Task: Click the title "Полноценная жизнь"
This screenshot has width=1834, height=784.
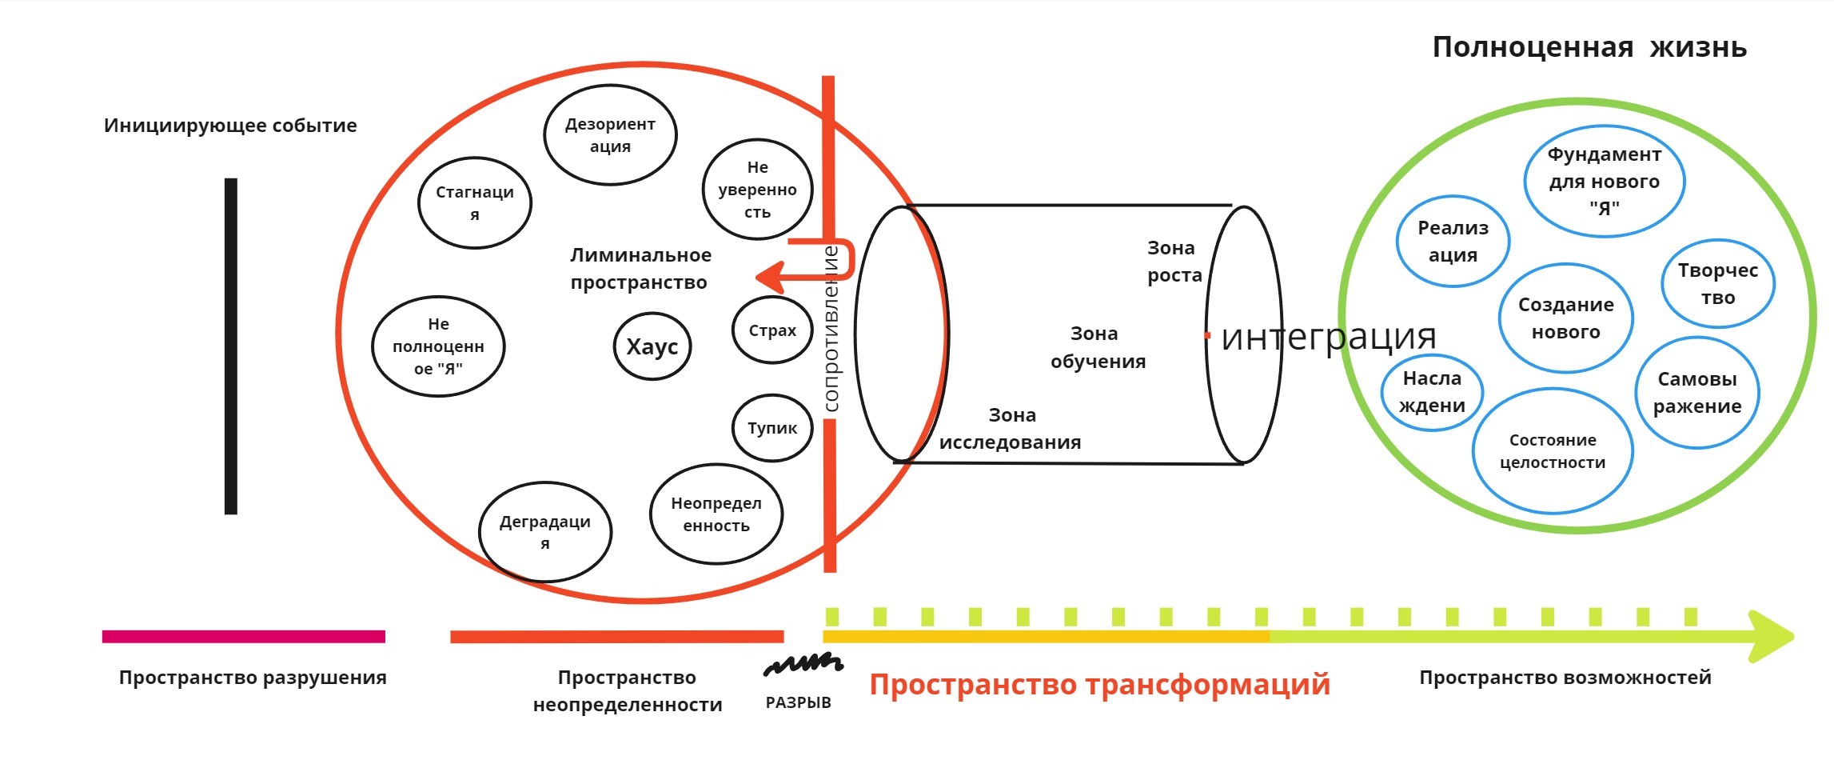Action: point(1589,47)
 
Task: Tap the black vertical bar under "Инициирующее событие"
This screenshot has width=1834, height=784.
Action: point(231,346)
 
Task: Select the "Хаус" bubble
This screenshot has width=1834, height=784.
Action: point(652,346)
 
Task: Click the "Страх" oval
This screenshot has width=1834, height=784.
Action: point(772,330)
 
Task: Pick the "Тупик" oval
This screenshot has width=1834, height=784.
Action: point(772,428)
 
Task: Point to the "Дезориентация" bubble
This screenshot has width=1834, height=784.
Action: point(610,135)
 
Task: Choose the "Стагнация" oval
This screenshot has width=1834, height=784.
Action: point(475,203)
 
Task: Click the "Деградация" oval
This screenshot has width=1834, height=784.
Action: point(545,532)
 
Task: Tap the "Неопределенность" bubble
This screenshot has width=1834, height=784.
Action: point(716,514)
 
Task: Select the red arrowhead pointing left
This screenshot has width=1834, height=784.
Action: point(768,278)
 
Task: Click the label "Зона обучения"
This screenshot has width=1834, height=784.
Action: point(1097,347)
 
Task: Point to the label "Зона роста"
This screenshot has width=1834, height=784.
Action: point(1174,262)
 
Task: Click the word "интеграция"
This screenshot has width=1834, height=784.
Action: point(1328,337)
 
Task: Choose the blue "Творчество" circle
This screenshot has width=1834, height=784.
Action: point(1718,284)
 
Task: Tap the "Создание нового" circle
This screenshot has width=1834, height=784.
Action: point(1565,318)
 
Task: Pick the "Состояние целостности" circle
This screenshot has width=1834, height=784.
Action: point(1553,451)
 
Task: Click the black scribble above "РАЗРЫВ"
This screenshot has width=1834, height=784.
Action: point(803,664)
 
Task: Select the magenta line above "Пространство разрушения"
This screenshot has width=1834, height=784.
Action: point(244,637)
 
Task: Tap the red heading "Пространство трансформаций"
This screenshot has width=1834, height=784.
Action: point(1099,685)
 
